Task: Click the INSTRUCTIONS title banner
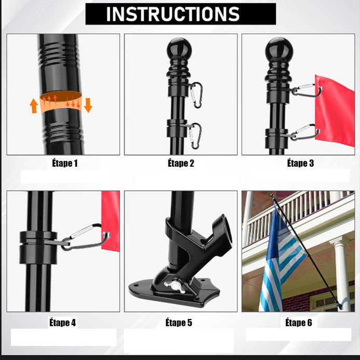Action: click(181, 14)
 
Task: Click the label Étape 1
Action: click(65, 163)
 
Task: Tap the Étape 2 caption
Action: click(181, 163)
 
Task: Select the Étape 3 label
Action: click(300, 163)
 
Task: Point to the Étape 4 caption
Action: click(62, 323)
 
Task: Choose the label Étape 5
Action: click(179, 323)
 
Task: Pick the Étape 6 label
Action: click(299, 323)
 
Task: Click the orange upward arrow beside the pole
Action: click(34, 106)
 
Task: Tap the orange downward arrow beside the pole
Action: click(88, 105)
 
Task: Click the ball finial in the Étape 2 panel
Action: click(179, 49)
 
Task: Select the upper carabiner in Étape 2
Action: click(196, 95)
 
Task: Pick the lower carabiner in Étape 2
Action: click(195, 136)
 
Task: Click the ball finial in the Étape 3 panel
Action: click(279, 49)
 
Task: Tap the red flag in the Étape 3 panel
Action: click(335, 111)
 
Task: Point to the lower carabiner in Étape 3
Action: click(305, 132)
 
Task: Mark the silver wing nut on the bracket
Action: click(175, 287)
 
